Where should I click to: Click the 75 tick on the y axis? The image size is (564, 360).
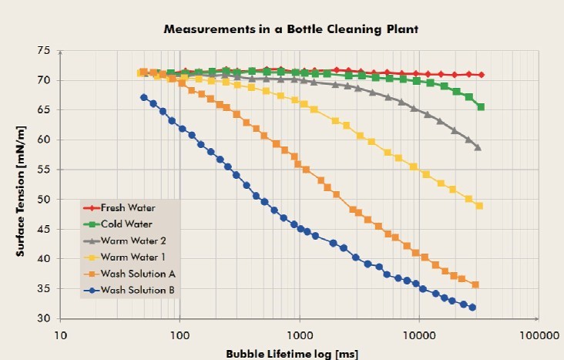coord(43,51)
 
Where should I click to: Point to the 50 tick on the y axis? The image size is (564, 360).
coord(43,200)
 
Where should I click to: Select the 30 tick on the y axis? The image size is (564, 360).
coord(43,318)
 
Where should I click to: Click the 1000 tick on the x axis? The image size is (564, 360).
coord(299,335)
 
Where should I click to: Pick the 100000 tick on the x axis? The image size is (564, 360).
coord(537,335)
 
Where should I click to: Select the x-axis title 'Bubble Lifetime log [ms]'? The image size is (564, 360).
coord(292,354)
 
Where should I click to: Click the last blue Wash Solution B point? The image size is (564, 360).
coord(472,308)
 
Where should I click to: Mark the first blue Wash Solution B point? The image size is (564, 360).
coord(144,97)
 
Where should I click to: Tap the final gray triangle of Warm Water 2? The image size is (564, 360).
coord(478,147)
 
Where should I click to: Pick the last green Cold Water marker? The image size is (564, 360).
coord(481,107)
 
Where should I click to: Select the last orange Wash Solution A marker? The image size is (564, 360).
coord(475,285)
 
